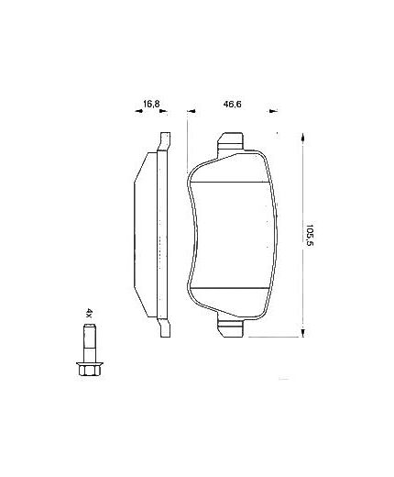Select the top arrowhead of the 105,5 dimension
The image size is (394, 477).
point(302,136)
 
